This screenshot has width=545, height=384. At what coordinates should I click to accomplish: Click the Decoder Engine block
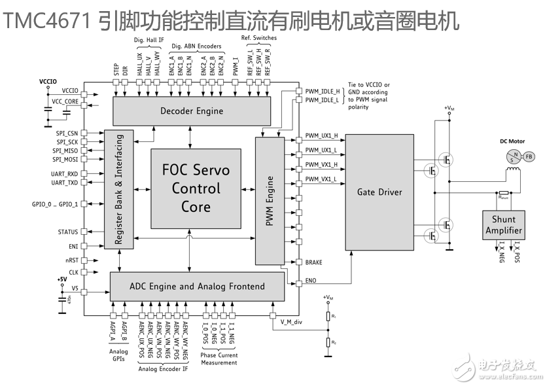192,111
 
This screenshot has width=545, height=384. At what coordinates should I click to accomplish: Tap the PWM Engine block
268,199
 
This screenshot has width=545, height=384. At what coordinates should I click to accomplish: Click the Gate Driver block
379,192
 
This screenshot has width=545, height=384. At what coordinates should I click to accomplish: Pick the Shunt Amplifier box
504,224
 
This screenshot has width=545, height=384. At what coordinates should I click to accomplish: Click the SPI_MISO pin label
65,150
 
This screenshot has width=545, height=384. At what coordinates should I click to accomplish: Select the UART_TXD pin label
65,183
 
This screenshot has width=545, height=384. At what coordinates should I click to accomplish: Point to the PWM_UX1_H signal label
321,136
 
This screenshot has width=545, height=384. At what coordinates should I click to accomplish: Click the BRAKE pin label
314,262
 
